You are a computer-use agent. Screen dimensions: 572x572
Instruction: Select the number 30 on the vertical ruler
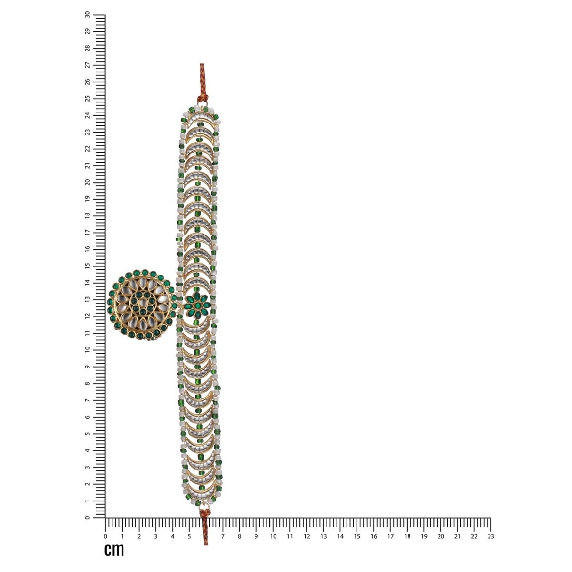(88, 15)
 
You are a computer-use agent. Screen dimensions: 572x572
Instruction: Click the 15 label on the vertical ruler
(88, 266)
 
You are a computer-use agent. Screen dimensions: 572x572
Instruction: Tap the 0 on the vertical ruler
(88, 517)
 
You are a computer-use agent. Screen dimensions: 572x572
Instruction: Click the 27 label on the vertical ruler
(88, 65)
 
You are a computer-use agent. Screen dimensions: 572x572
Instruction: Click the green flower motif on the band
(197, 306)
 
